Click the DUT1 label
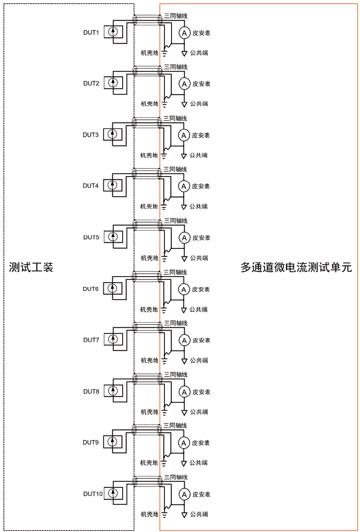coord(91,32)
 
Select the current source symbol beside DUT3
coord(112,134)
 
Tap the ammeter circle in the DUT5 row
coord(185,238)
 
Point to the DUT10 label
coord(93,493)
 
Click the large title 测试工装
coord(31,267)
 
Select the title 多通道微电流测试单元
coord(296,267)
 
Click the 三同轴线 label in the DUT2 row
coord(176,67)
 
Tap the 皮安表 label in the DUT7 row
coord(201,340)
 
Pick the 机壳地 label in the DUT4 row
coord(149,207)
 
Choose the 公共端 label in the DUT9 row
coord(198,463)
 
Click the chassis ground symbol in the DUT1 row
coord(164,53)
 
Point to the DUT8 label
coord(91,392)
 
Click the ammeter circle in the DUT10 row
coord(185,494)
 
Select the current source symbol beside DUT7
coord(113,339)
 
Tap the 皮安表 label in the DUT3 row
coord(201,135)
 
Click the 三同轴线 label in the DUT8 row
coord(176,375)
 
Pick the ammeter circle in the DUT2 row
coord(185,84)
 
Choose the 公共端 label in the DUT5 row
coord(199,258)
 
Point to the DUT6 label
coord(91,289)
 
